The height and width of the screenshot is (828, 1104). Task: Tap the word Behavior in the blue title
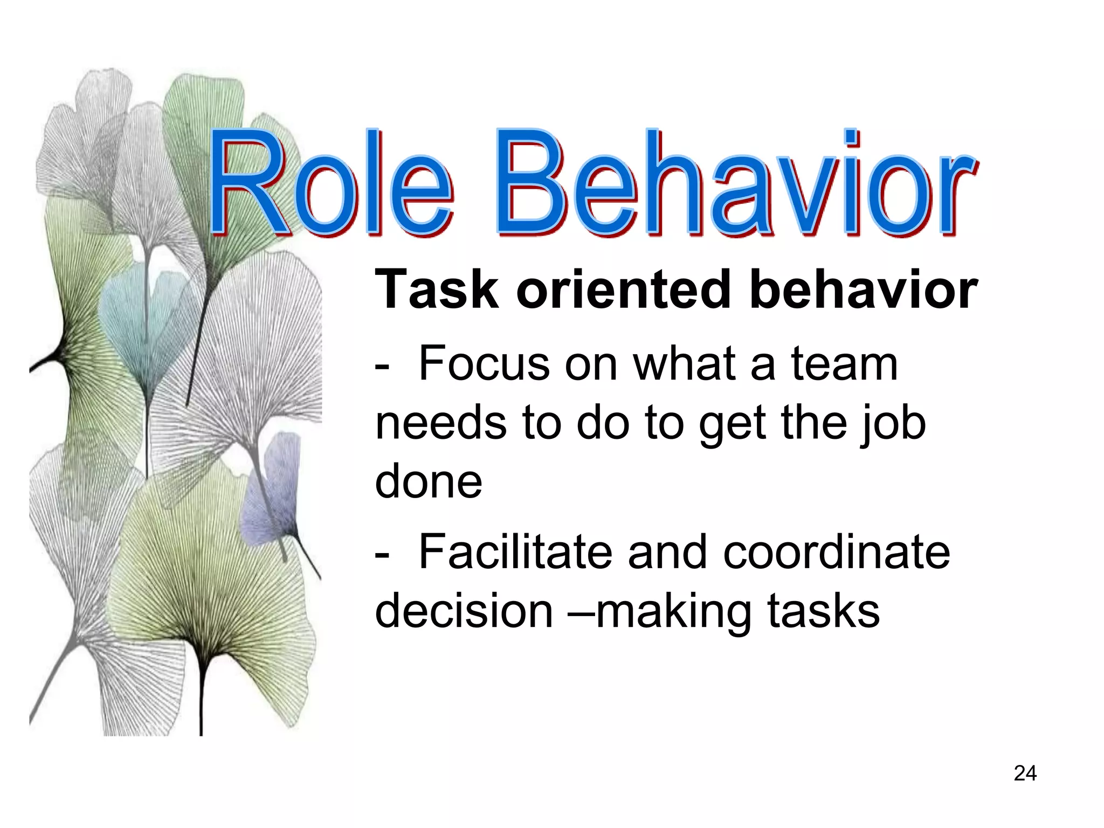(736, 183)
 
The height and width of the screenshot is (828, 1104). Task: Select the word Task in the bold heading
(437, 290)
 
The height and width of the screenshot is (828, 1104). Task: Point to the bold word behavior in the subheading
(863, 290)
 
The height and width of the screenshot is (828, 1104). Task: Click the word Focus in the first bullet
(484, 364)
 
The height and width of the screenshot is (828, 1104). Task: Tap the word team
(844, 364)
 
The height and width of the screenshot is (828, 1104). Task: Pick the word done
(429, 481)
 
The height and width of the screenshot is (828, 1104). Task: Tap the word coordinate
(836, 552)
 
